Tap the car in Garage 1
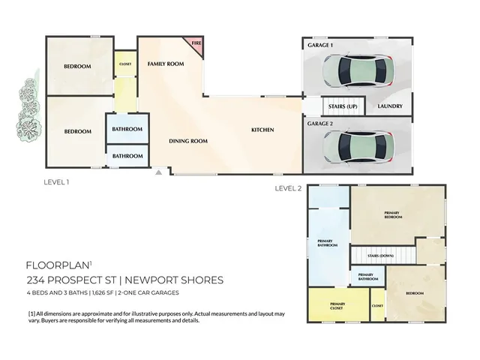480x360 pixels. tap(356, 70)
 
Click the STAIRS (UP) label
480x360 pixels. tap(343, 106)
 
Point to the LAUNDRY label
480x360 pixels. tap(391, 106)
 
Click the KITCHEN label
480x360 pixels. tap(262, 130)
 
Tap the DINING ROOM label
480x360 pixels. tap(187, 141)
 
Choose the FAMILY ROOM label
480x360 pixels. tap(165, 64)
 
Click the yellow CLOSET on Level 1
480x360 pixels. tap(124, 64)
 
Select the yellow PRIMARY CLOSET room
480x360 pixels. tap(337, 306)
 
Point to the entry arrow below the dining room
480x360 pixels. tap(158, 172)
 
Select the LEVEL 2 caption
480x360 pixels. tap(288, 187)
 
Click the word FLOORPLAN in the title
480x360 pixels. tap(57, 265)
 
